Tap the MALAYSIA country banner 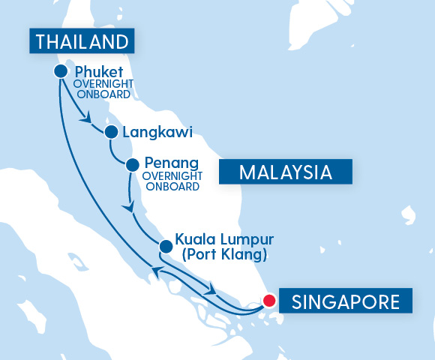[285, 172]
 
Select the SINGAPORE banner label [345, 302]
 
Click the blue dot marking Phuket [61, 71]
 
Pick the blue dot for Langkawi [111, 133]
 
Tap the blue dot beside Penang [132, 164]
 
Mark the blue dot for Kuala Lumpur [165, 245]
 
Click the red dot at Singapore [268, 302]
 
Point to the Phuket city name [99, 72]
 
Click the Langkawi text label [157, 133]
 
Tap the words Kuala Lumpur [224, 240]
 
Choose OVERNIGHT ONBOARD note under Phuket [103, 89]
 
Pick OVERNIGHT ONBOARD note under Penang [171, 181]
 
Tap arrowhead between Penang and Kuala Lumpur [130, 206]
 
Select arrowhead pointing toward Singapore [214, 289]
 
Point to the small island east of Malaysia [408, 213]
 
